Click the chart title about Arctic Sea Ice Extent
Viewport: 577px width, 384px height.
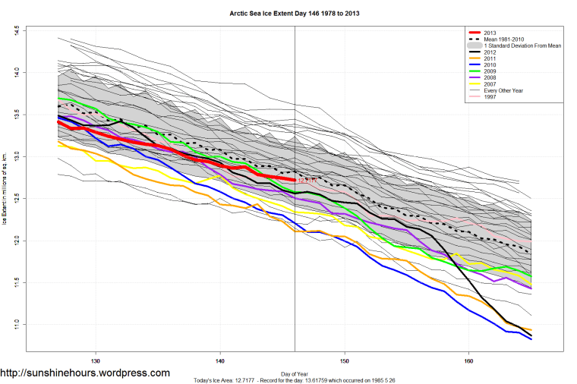click(295, 14)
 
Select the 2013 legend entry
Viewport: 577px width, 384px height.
click(490, 33)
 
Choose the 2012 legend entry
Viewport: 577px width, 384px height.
click(490, 52)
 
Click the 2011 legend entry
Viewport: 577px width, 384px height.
click(490, 59)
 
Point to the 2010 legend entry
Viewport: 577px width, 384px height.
click(490, 66)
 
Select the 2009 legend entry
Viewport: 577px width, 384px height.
click(490, 72)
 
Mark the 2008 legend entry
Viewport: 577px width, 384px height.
click(490, 78)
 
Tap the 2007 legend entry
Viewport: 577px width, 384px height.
click(490, 84)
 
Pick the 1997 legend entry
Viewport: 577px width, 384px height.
click(490, 97)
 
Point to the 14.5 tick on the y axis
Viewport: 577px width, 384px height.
click(16, 31)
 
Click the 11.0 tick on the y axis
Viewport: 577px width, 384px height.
click(16, 325)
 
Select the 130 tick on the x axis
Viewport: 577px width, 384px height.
click(96, 361)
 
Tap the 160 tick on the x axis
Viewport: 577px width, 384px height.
click(468, 361)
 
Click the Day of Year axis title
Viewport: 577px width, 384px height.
click(295, 373)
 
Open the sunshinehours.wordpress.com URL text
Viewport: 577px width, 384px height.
click(85, 373)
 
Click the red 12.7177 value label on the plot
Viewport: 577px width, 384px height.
click(306, 181)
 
